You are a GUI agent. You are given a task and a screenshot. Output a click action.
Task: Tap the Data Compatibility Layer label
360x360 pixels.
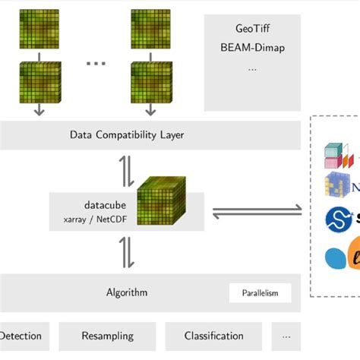point(127,135)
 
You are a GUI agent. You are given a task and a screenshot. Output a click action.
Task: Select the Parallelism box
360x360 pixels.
point(260,293)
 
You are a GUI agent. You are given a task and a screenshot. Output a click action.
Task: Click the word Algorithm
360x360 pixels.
point(127,292)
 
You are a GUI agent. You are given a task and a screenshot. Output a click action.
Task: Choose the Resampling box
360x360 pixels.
point(107,336)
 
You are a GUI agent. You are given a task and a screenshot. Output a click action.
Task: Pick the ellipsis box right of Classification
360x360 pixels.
point(286,336)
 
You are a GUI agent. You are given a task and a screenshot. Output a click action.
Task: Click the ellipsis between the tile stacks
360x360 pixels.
point(96,62)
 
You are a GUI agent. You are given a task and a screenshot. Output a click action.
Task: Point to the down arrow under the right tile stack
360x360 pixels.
point(150,109)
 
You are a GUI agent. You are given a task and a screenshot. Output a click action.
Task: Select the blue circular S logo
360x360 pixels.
point(336,219)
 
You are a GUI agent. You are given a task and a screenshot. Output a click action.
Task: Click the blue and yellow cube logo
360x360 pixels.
point(335,185)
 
